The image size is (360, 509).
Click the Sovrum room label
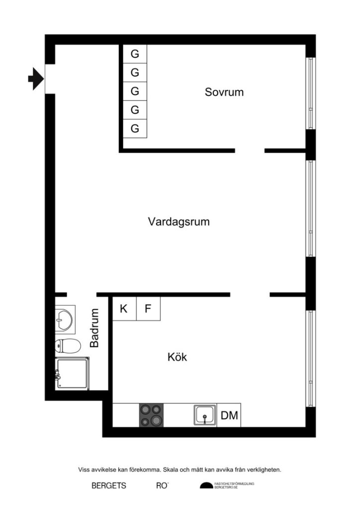pyautogui.click(x=224, y=92)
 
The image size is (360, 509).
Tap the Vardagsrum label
pyautogui.click(x=179, y=222)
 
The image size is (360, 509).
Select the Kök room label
pyautogui.click(x=177, y=357)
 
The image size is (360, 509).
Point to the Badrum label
pyautogui.click(x=94, y=328)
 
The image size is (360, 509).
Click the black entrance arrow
pyautogui.click(x=35, y=79)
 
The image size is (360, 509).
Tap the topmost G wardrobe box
pyautogui.click(x=134, y=54)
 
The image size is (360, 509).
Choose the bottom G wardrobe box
pyautogui.click(x=134, y=128)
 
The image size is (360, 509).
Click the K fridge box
pyautogui.click(x=124, y=309)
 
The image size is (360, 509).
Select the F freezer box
pyautogui.click(x=148, y=309)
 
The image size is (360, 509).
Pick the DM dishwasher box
pyautogui.click(x=229, y=416)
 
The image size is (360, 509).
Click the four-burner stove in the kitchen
pyautogui.click(x=152, y=415)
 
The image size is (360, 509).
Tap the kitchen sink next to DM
pyautogui.click(x=205, y=415)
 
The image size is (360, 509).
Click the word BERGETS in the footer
pyautogui.click(x=109, y=486)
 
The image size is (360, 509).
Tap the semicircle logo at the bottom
pyautogui.click(x=206, y=486)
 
